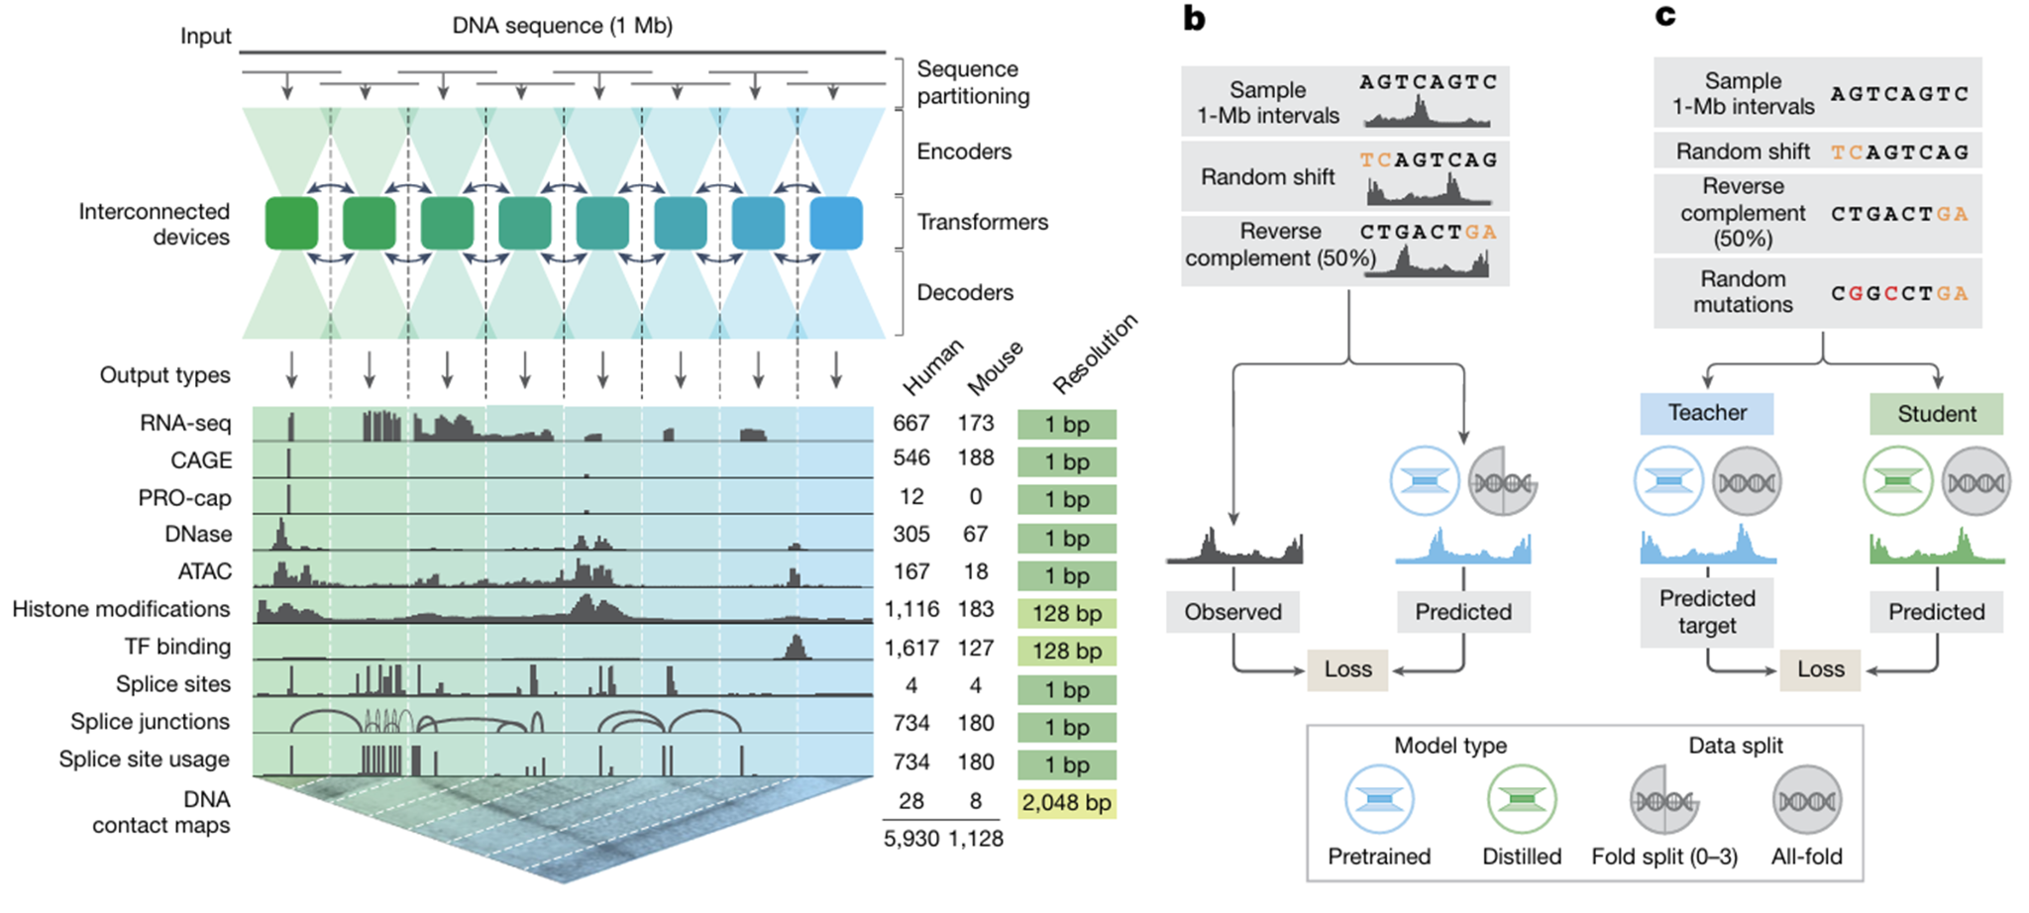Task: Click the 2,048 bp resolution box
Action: point(1066,802)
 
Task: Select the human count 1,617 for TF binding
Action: point(911,648)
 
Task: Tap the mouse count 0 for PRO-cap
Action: point(976,497)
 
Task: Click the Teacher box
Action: point(1706,413)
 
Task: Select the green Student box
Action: point(1936,414)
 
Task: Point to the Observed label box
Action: point(1232,612)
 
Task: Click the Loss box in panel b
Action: point(1347,669)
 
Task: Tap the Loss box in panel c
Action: point(1820,669)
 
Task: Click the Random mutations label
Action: point(1742,292)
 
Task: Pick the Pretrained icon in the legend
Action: point(1379,800)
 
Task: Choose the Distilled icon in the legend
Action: point(1522,800)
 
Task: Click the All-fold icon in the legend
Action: point(1806,800)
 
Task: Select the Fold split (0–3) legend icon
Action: point(1664,800)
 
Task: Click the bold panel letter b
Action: point(1195,18)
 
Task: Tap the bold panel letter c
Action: point(1665,16)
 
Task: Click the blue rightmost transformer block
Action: point(835,223)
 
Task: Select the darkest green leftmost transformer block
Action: point(291,223)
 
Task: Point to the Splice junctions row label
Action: point(150,722)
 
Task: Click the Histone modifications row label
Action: point(121,609)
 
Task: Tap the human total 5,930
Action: point(911,839)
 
